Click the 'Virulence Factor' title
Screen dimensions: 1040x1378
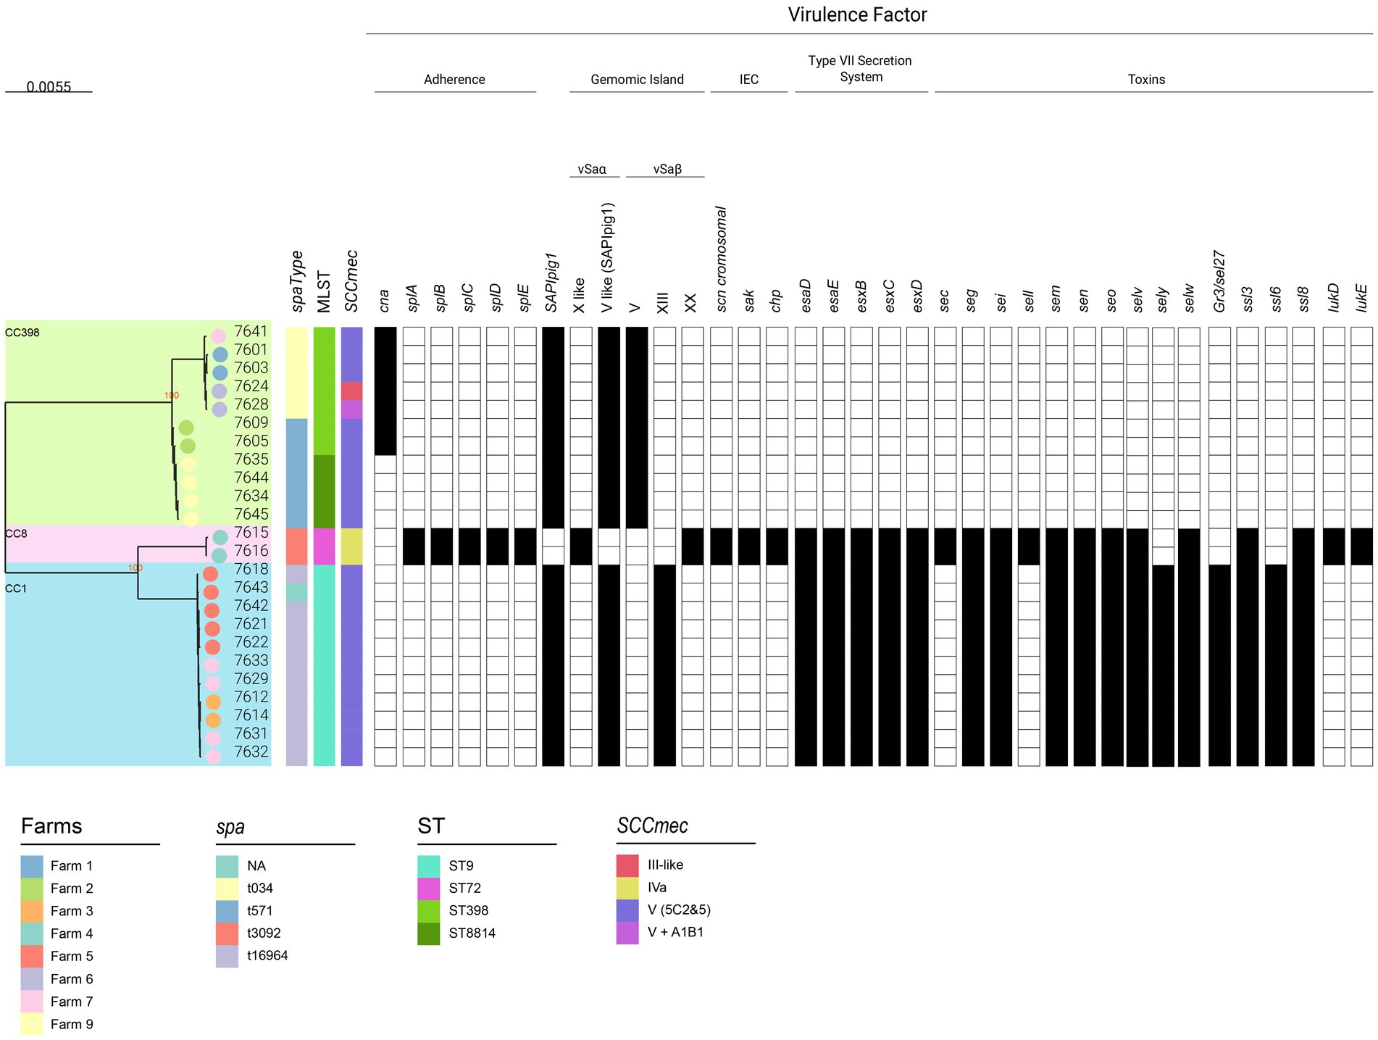[x=857, y=15]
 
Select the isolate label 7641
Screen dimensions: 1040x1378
[x=251, y=332]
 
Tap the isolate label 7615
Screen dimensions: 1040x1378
[x=251, y=533]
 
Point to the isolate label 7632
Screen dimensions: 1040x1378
[x=251, y=752]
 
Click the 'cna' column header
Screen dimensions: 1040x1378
[x=385, y=300]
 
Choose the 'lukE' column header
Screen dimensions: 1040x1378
[x=1361, y=297]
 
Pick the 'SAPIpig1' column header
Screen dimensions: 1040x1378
[x=552, y=283]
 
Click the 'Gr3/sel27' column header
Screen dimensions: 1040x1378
[x=1219, y=281]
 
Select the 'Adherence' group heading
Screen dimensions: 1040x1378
[x=454, y=80]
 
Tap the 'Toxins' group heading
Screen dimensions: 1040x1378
[x=1146, y=80]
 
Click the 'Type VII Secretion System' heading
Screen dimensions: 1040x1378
[x=860, y=69]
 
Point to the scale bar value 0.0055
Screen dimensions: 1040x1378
[x=49, y=87]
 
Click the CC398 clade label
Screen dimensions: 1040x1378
[x=22, y=333]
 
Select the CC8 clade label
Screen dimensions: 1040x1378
[x=16, y=534]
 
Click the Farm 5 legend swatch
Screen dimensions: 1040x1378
[x=32, y=956]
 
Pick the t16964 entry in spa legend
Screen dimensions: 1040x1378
[x=267, y=955]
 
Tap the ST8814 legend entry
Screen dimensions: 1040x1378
[x=472, y=933]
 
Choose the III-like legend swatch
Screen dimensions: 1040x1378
[x=627, y=865]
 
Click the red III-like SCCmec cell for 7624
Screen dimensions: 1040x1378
[x=351, y=391]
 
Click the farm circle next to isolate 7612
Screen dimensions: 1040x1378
[x=213, y=702]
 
